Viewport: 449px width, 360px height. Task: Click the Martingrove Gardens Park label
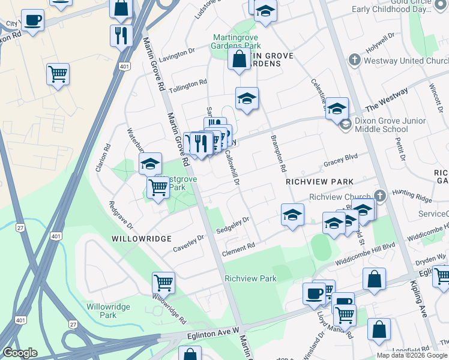[x=237, y=41]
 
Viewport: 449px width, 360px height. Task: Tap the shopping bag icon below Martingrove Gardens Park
[x=239, y=59]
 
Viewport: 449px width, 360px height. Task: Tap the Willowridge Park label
[x=108, y=310]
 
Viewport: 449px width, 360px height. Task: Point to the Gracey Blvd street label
[x=340, y=160]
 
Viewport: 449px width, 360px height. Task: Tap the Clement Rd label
[x=238, y=245]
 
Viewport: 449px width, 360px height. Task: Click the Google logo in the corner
[x=20, y=353]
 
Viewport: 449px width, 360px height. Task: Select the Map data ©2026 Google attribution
[x=412, y=355]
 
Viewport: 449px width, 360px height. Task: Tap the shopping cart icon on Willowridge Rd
[x=163, y=281]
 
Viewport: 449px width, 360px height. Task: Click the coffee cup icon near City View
[x=32, y=20]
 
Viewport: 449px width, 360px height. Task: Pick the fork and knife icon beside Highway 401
[x=122, y=35]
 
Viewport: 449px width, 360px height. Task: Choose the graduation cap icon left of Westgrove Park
[x=150, y=163]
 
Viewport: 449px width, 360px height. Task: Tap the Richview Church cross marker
[x=380, y=196]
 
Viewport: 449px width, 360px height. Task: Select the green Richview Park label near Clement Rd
[x=250, y=278]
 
